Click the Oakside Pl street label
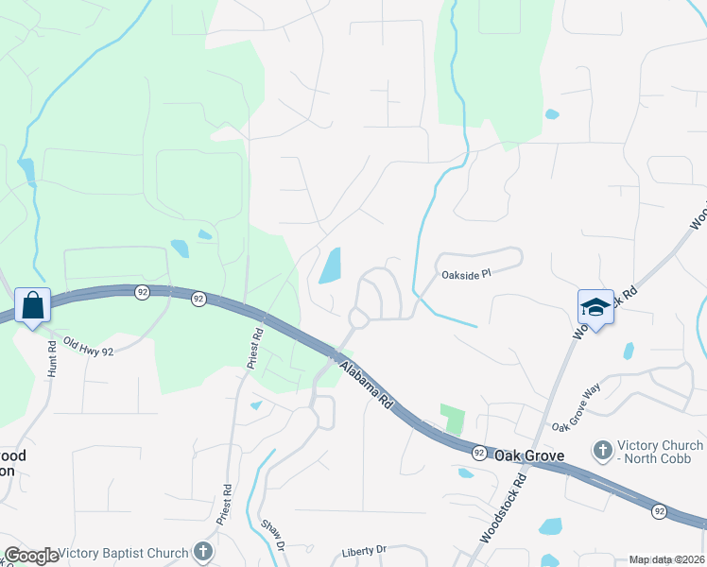tap(467, 275)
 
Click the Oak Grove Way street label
tap(577, 407)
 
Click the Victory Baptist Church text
tap(123, 553)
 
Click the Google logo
tap(31, 556)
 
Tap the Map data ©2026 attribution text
tap(666, 559)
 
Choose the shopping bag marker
tap(33, 306)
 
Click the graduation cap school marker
tap(595, 306)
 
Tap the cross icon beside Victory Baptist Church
tap(202, 551)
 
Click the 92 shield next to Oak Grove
tap(480, 453)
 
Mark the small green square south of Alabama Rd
tap(454, 419)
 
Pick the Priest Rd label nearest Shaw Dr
tap(226, 507)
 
